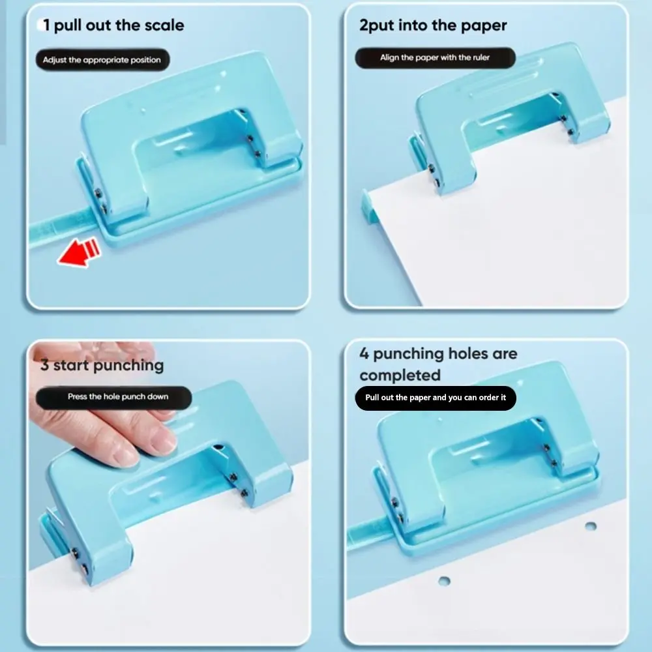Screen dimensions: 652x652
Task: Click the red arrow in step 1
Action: point(79,252)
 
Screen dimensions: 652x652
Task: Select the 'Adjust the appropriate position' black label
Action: point(102,60)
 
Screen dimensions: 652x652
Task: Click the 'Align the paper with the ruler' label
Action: point(435,57)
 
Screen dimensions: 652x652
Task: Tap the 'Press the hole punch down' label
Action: point(114,397)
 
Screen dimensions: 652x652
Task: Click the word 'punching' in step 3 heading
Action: point(128,366)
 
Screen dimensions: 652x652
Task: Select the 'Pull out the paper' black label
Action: point(436,398)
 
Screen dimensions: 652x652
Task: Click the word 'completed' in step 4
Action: point(400,375)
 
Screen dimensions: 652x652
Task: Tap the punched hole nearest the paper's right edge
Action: point(591,526)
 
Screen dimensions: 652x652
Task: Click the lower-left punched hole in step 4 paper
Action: point(444,580)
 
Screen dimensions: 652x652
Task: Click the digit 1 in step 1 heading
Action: point(46,25)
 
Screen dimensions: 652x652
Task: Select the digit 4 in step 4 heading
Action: point(364,353)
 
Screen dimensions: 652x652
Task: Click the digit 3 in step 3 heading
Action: point(44,365)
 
